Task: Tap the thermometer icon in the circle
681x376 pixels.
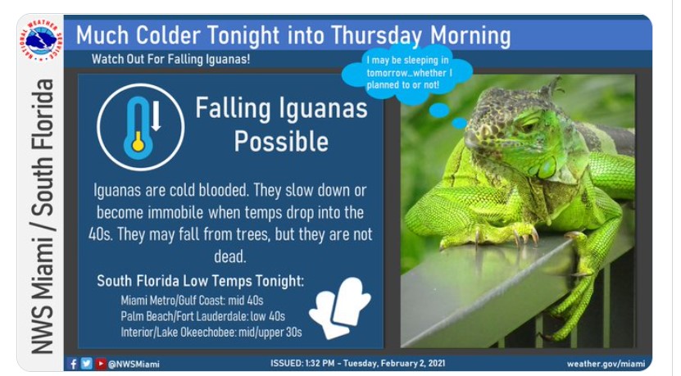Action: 138,127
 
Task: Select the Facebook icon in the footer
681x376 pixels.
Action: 73,364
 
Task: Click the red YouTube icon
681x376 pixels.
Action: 101,364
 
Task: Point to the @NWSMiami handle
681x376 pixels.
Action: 134,364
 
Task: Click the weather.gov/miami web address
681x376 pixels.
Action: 606,364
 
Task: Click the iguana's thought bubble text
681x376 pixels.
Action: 409,73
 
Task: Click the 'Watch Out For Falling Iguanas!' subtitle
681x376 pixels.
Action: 170,59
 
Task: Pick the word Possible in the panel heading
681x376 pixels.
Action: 281,141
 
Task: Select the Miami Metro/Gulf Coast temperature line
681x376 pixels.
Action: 192,300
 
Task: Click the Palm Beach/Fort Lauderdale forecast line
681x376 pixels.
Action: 202,315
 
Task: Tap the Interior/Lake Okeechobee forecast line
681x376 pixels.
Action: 211,332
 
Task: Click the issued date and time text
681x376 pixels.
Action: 358,363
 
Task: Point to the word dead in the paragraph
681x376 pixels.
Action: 229,256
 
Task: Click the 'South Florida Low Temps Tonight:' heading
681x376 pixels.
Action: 200,281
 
